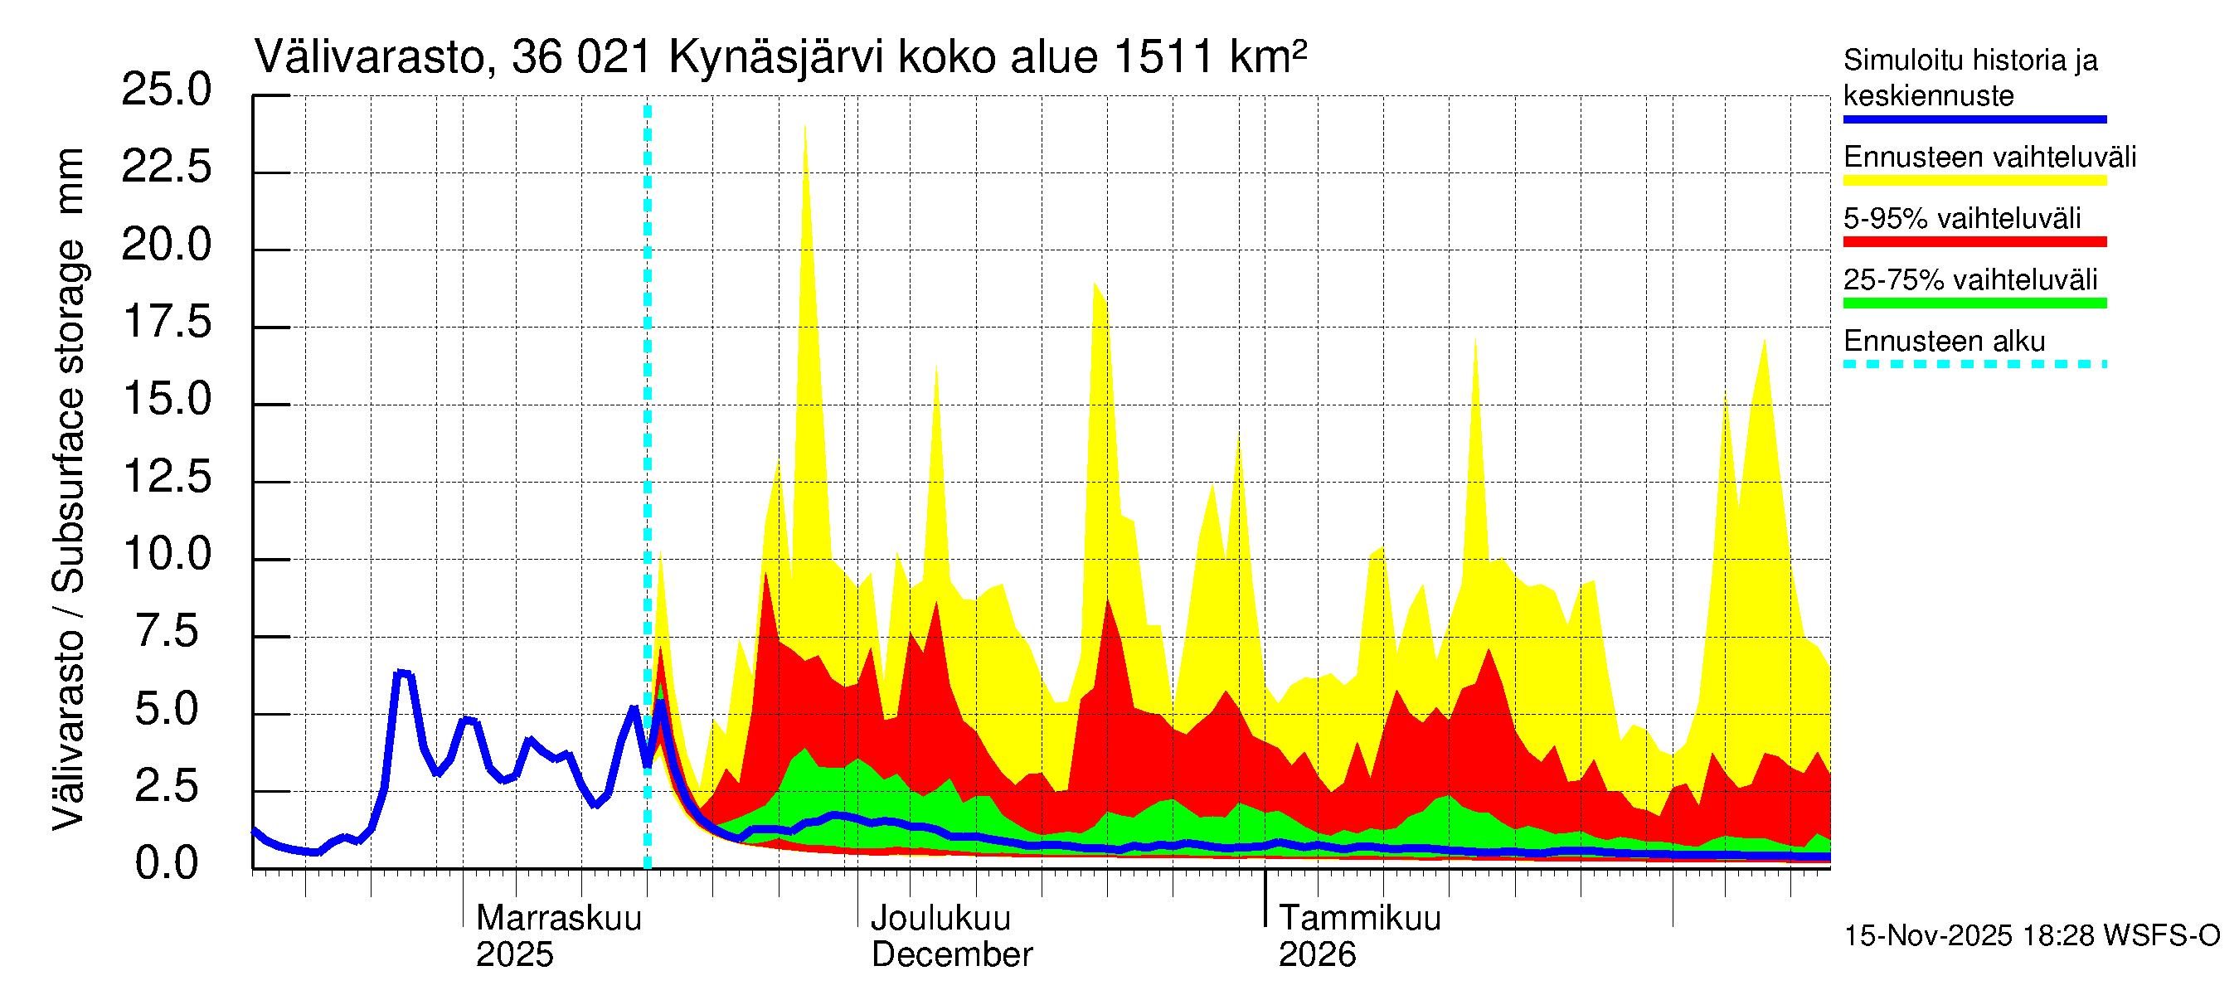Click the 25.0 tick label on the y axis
click(x=166, y=90)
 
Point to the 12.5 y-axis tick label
click(x=166, y=477)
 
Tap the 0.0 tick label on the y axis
click(x=166, y=864)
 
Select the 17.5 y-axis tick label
click(x=166, y=323)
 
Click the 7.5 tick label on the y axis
click(x=166, y=632)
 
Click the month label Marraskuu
click(x=559, y=919)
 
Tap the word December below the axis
click(x=952, y=955)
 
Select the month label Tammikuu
click(x=1359, y=919)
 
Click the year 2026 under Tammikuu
click(x=1317, y=955)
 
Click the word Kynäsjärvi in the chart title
click(x=775, y=58)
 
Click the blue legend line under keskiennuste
click(x=1974, y=119)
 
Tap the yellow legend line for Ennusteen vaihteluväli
click(x=1974, y=181)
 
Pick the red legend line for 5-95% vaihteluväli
click(x=1974, y=241)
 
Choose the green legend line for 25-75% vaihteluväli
click(x=1974, y=303)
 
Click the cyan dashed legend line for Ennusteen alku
click(x=1974, y=364)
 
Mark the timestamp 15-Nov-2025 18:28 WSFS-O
click(x=2031, y=936)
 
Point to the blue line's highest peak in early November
click(x=401, y=673)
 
